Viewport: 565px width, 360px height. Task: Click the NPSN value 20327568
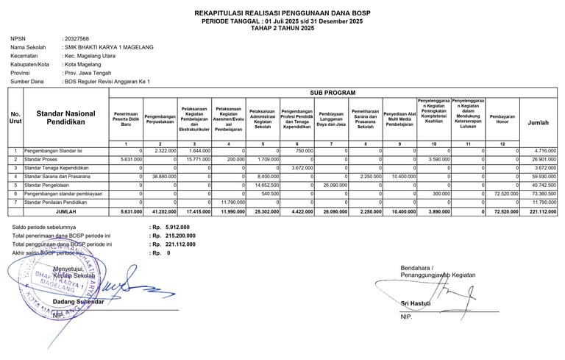[x=77, y=38]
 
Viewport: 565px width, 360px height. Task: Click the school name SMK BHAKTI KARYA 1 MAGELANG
[x=109, y=47]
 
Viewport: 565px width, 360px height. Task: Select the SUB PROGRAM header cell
[x=333, y=93]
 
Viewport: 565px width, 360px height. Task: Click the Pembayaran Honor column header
[x=502, y=119]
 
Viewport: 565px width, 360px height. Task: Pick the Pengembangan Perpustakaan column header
[x=160, y=119]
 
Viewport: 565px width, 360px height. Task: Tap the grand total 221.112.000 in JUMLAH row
[x=541, y=212]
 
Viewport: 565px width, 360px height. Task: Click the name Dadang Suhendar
[x=78, y=302]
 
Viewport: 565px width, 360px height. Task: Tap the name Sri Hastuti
[x=415, y=303]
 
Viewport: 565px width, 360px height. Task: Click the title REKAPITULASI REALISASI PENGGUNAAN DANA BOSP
[x=282, y=13]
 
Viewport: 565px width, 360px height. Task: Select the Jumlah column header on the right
[x=539, y=123]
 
